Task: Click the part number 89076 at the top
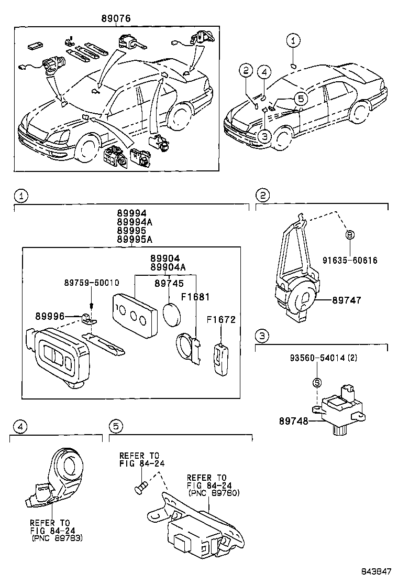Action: (x=116, y=18)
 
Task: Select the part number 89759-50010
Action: (x=92, y=283)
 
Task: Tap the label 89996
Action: (x=50, y=317)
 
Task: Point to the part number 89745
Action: (x=169, y=284)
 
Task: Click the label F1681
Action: (x=195, y=297)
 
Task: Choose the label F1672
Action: (x=222, y=320)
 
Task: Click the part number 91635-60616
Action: (x=350, y=260)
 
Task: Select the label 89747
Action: (x=346, y=300)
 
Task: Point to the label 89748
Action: (x=294, y=422)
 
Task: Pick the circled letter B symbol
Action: (x=350, y=235)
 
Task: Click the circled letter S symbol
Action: (x=317, y=383)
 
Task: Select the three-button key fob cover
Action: (x=135, y=316)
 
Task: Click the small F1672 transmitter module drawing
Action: (x=222, y=359)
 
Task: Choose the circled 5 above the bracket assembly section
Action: (x=116, y=426)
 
